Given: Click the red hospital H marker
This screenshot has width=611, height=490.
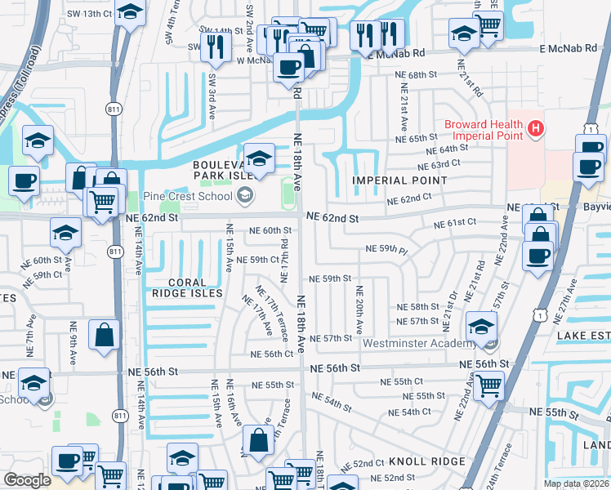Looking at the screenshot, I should (x=535, y=128).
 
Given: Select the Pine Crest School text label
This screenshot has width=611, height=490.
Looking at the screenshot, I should (x=187, y=196).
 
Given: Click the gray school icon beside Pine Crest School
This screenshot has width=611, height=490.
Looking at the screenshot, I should (x=244, y=195).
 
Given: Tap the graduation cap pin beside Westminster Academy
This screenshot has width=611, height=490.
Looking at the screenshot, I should (x=481, y=327).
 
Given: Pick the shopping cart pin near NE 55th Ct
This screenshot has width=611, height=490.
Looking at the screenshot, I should (x=488, y=383).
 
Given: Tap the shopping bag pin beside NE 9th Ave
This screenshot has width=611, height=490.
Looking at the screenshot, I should (x=105, y=334).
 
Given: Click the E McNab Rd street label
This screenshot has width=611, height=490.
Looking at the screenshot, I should (x=573, y=50).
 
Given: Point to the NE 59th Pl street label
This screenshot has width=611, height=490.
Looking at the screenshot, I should (x=386, y=248).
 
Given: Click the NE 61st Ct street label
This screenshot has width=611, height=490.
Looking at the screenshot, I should (x=456, y=222).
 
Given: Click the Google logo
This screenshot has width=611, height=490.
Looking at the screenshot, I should (x=27, y=480).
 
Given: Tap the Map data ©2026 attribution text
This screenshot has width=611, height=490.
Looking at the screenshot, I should (x=575, y=483).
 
